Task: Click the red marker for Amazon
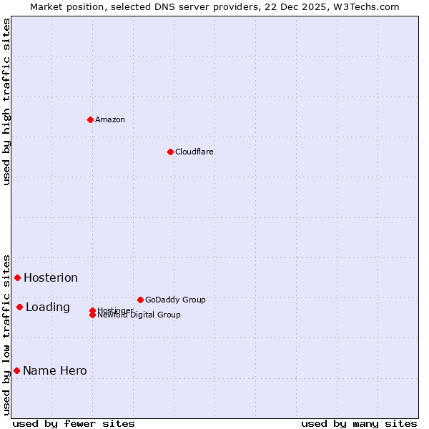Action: tap(90, 119)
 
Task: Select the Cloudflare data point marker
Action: tap(170, 152)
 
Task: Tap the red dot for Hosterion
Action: tap(17, 277)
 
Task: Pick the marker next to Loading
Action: tap(19, 307)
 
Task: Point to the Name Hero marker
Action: tap(16, 370)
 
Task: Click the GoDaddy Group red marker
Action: tap(140, 300)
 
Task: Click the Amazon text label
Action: tap(110, 119)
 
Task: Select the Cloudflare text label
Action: tap(194, 152)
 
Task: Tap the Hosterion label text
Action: tap(51, 277)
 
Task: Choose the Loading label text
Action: tap(48, 307)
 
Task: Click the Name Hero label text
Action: tap(55, 370)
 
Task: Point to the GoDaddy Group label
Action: tap(175, 300)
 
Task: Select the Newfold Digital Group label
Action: tap(139, 315)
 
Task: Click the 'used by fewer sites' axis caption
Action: tap(73, 423)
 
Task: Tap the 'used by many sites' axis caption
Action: tap(359, 423)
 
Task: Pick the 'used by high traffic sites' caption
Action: tap(6, 102)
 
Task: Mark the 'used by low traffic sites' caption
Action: tap(6, 335)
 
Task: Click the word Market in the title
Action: tap(45, 6)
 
